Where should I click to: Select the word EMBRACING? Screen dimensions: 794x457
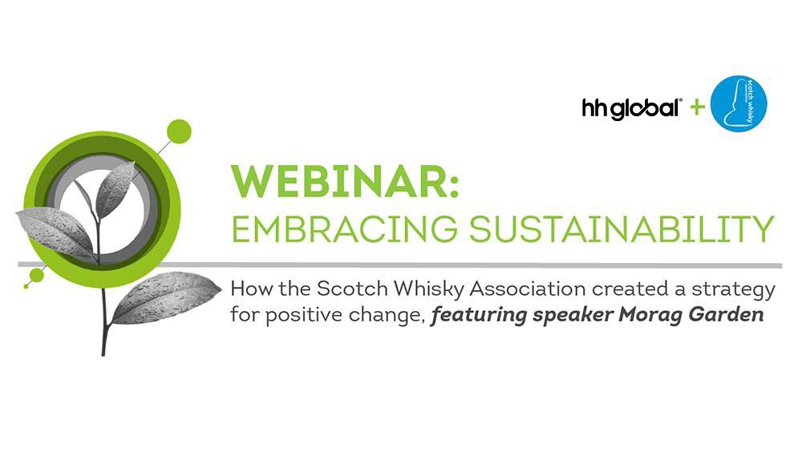(344, 228)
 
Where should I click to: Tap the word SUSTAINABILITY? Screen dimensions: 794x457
(622, 228)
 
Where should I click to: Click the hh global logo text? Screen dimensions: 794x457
(631, 107)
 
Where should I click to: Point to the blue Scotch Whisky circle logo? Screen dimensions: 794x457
(739, 103)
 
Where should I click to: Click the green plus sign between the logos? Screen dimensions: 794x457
(697, 107)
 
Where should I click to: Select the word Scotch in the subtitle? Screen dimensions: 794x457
(352, 289)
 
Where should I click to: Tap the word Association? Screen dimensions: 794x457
(528, 289)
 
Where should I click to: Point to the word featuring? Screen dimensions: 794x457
(479, 316)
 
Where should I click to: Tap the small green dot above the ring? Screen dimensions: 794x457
(179, 132)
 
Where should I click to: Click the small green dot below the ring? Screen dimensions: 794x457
(36, 275)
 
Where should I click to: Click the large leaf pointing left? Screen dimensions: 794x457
(55, 232)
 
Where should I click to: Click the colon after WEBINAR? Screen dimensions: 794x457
(453, 184)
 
